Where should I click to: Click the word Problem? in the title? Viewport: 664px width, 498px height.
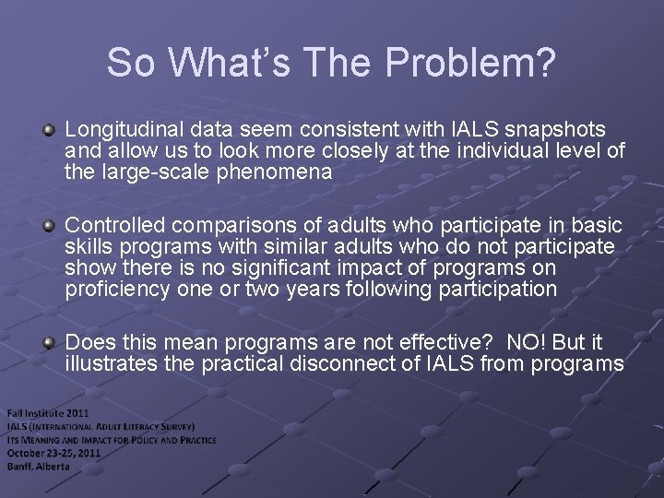tap(471, 63)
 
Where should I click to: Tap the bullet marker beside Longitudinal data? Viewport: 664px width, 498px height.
tap(49, 130)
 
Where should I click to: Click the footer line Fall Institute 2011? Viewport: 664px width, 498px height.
tap(49, 413)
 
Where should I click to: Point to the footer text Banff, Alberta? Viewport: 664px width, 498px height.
tap(39, 466)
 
